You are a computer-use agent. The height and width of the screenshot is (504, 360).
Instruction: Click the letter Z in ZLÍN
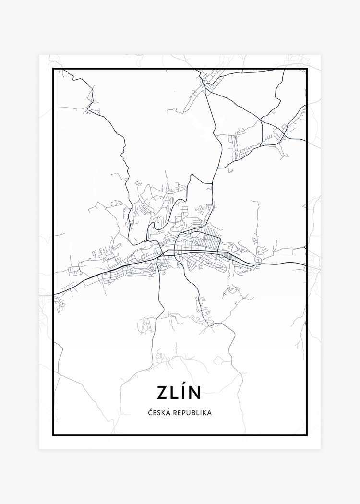(162, 392)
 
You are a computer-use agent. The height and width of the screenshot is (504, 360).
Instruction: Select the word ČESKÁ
(158, 412)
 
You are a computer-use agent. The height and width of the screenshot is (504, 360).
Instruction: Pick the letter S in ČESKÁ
(159, 412)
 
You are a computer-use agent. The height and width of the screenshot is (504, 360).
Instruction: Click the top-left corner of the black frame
(53, 69)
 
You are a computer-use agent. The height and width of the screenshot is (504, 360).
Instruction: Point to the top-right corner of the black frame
(307, 69)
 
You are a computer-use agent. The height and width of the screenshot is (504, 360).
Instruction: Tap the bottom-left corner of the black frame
(53, 435)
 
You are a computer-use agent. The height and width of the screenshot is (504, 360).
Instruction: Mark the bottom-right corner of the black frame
(307, 435)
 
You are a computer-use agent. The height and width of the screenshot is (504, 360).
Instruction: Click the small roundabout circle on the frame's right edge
(306, 247)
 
